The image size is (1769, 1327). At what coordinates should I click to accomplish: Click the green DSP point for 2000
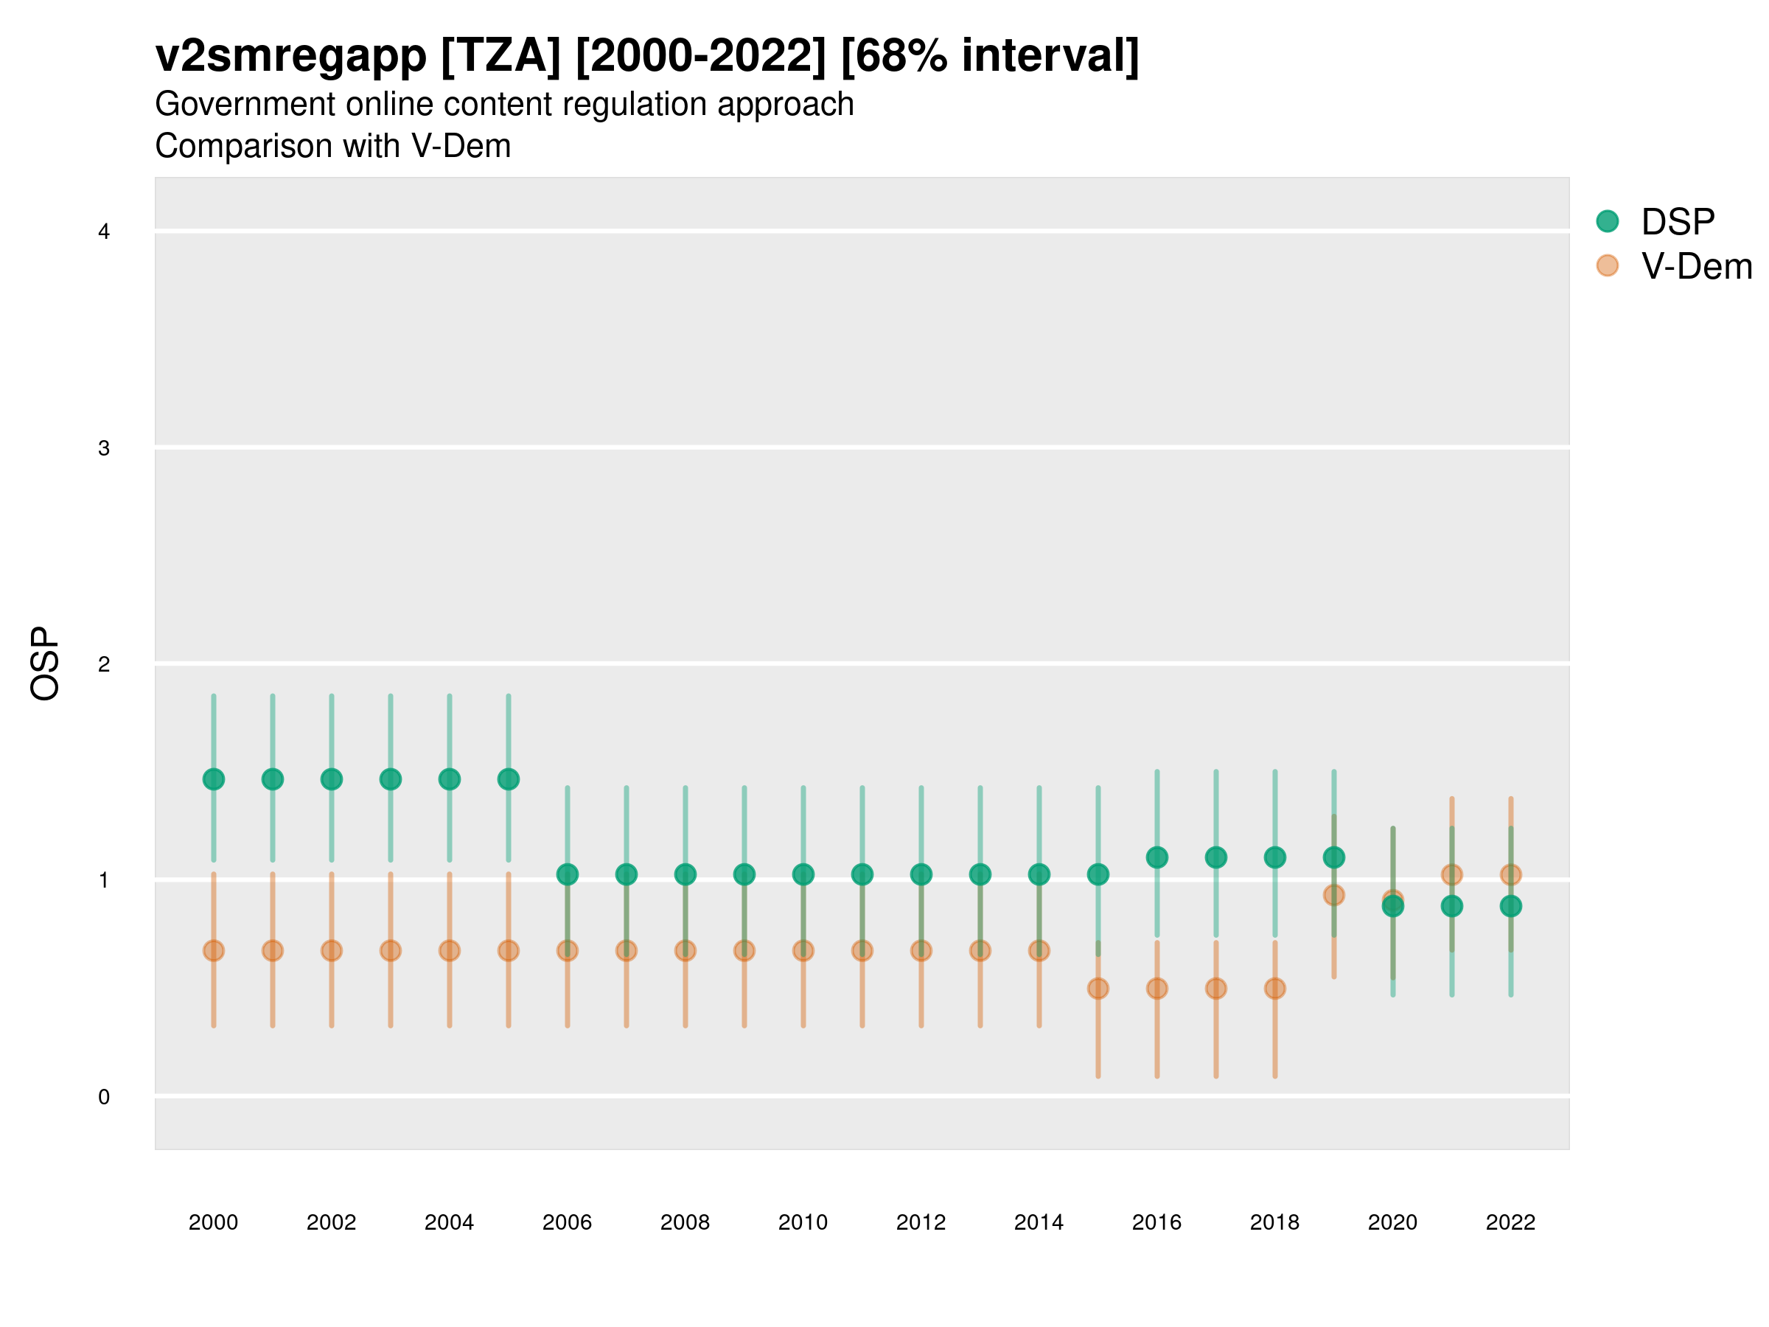click(214, 779)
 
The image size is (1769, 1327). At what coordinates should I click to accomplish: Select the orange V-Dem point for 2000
click(214, 950)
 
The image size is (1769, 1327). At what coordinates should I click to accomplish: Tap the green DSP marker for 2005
click(509, 779)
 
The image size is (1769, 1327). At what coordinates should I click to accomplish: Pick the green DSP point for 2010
click(803, 874)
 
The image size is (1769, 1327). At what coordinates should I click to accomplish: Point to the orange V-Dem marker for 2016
click(1157, 989)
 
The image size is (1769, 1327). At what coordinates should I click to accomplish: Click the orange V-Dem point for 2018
click(1274, 989)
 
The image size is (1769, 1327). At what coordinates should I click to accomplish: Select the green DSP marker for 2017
click(1215, 857)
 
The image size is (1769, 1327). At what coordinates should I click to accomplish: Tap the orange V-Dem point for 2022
click(1511, 875)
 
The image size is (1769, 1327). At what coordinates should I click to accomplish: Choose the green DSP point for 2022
click(1511, 906)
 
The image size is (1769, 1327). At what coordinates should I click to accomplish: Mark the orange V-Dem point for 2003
click(390, 950)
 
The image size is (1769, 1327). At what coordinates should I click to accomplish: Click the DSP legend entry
click(1677, 222)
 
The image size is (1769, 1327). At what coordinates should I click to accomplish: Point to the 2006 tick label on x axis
click(567, 1222)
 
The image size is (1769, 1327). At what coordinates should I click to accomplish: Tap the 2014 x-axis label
click(1039, 1222)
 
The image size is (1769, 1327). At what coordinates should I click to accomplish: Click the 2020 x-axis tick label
click(1392, 1222)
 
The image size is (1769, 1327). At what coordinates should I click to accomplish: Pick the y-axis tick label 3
click(104, 448)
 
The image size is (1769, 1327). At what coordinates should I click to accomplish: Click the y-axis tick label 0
click(104, 1097)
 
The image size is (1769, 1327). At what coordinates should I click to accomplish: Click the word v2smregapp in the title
click(291, 56)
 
